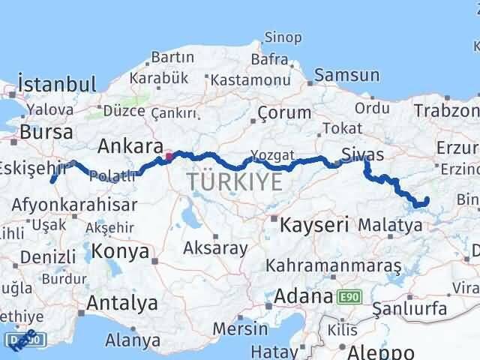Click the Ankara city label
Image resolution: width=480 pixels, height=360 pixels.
click(130, 145)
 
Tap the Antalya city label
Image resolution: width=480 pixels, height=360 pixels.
click(122, 303)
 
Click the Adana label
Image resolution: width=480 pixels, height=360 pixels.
click(302, 295)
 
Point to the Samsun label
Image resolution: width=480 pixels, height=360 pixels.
click(346, 75)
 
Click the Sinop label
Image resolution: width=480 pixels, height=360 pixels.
click(283, 37)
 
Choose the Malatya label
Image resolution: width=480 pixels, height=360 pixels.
click(390, 223)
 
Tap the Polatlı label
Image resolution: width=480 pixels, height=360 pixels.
click(112, 175)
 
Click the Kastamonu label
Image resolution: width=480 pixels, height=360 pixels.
click(241, 79)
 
